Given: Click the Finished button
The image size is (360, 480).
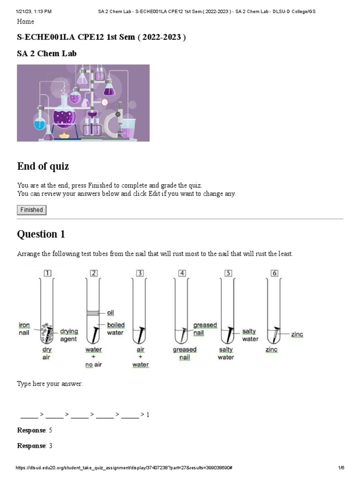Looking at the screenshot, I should [x=31, y=210].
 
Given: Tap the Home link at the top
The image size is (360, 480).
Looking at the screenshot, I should [x=25, y=22].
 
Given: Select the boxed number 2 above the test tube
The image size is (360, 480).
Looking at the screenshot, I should [x=94, y=273].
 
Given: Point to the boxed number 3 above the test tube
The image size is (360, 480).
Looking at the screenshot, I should [x=140, y=273].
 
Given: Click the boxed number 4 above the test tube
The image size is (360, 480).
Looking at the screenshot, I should [x=182, y=273].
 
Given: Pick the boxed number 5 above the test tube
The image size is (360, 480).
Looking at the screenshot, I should [x=228, y=273].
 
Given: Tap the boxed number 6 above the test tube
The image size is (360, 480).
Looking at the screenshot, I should [x=275, y=273].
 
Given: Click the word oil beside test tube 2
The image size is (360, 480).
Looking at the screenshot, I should [x=111, y=313].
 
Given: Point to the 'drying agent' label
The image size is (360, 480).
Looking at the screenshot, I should [x=68, y=335].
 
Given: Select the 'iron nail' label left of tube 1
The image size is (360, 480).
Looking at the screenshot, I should [x=24, y=329].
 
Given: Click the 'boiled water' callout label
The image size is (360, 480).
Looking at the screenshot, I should [x=115, y=329].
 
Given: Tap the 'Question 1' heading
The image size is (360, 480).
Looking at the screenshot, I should [x=41, y=234].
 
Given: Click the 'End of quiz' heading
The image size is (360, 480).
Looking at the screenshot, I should [x=43, y=166].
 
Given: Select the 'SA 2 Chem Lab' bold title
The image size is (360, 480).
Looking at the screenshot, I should [x=47, y=53].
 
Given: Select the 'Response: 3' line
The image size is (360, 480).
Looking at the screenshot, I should [x=35, y=446].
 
